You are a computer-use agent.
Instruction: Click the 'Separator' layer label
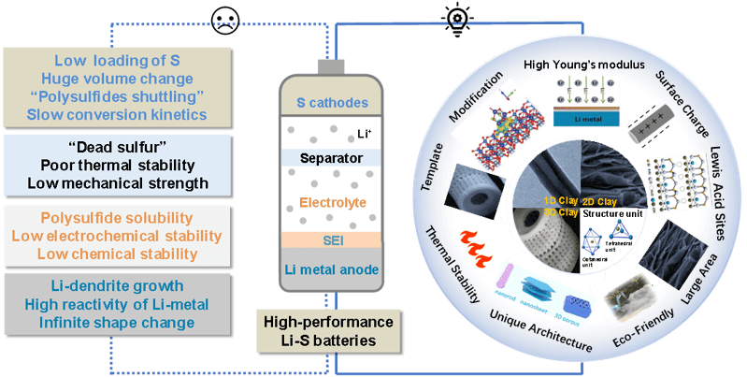(331, 158)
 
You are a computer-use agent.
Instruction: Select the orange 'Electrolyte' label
(331, 200)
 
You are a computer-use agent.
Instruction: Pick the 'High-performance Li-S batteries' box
(331, 330)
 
